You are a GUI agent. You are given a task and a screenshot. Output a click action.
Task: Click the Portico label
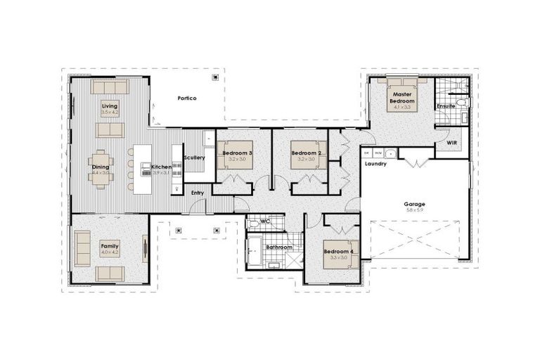[x=186, y=98]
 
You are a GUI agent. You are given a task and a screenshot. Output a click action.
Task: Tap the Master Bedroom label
[x=402, y=98]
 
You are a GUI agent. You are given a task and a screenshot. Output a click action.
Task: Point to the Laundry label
[x=376, y=164]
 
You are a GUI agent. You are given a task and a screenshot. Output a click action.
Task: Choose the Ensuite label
[x=446, y=106]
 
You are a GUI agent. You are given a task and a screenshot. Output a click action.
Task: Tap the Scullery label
[x=195, y=157]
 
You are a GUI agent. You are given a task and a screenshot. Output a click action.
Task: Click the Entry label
[x=198, y=193]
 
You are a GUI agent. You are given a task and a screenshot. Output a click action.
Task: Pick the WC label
[x=266, y=221]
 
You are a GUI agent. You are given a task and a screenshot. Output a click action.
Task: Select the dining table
[x=101, y=169]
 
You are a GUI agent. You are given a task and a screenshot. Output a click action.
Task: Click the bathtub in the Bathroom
[x=255, y=252]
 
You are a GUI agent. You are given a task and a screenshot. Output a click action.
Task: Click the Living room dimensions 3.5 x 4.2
[x=110, y=112]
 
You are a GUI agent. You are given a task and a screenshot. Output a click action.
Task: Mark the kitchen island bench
[x=143, y=169]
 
